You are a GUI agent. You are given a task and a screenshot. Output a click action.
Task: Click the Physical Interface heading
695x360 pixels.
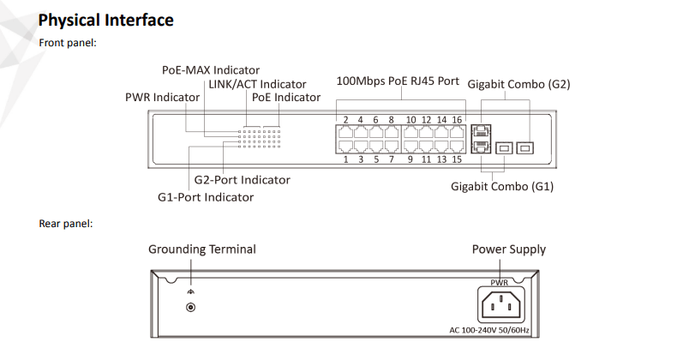click(x=106, y=21)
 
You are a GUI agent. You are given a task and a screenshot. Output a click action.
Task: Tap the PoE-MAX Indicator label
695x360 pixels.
click(x=211, y=70)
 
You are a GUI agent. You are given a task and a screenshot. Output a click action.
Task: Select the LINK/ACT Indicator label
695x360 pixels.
click(x=257, y=84)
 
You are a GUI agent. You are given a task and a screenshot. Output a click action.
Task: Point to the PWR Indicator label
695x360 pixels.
click(x=162, y=97)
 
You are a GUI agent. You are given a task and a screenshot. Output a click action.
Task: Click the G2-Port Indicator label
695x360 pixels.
click(x=242, y=179)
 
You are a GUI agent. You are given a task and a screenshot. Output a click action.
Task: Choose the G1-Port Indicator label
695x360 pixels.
click(x=206, y=197)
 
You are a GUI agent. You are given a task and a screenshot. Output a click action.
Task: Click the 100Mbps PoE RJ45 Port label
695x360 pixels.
click(x=398, y=81)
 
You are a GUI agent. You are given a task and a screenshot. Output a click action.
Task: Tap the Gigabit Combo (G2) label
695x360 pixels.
click(x=518, y=84)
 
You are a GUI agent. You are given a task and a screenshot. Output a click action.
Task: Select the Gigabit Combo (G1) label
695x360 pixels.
click(x=502, y=186)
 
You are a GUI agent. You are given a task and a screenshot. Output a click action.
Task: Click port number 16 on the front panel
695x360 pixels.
click(x=457, y=120)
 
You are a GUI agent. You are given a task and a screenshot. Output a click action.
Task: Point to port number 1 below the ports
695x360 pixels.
click(x=345, y=159)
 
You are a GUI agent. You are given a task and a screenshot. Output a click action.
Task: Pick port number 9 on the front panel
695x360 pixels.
click(x=410, y=159)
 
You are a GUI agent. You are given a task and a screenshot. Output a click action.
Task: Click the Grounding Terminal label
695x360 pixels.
click(x=202, y=249)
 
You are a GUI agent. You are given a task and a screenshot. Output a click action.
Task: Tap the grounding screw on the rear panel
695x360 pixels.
click(x=190, y=307)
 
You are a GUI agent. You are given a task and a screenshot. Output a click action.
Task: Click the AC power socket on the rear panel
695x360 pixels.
click(x=500, y=304)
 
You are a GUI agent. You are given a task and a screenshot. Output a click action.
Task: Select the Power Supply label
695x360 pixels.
click(x=509, y=249)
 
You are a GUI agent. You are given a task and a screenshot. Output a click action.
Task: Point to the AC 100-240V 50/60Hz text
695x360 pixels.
click(x=489, y=330)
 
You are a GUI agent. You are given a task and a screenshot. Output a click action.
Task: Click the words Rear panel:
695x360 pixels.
click(x=66, y=224)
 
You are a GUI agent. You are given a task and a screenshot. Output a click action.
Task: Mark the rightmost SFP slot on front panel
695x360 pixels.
click(x=524, y=148)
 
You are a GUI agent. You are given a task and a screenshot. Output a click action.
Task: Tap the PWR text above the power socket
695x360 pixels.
click(x=499, y=282)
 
